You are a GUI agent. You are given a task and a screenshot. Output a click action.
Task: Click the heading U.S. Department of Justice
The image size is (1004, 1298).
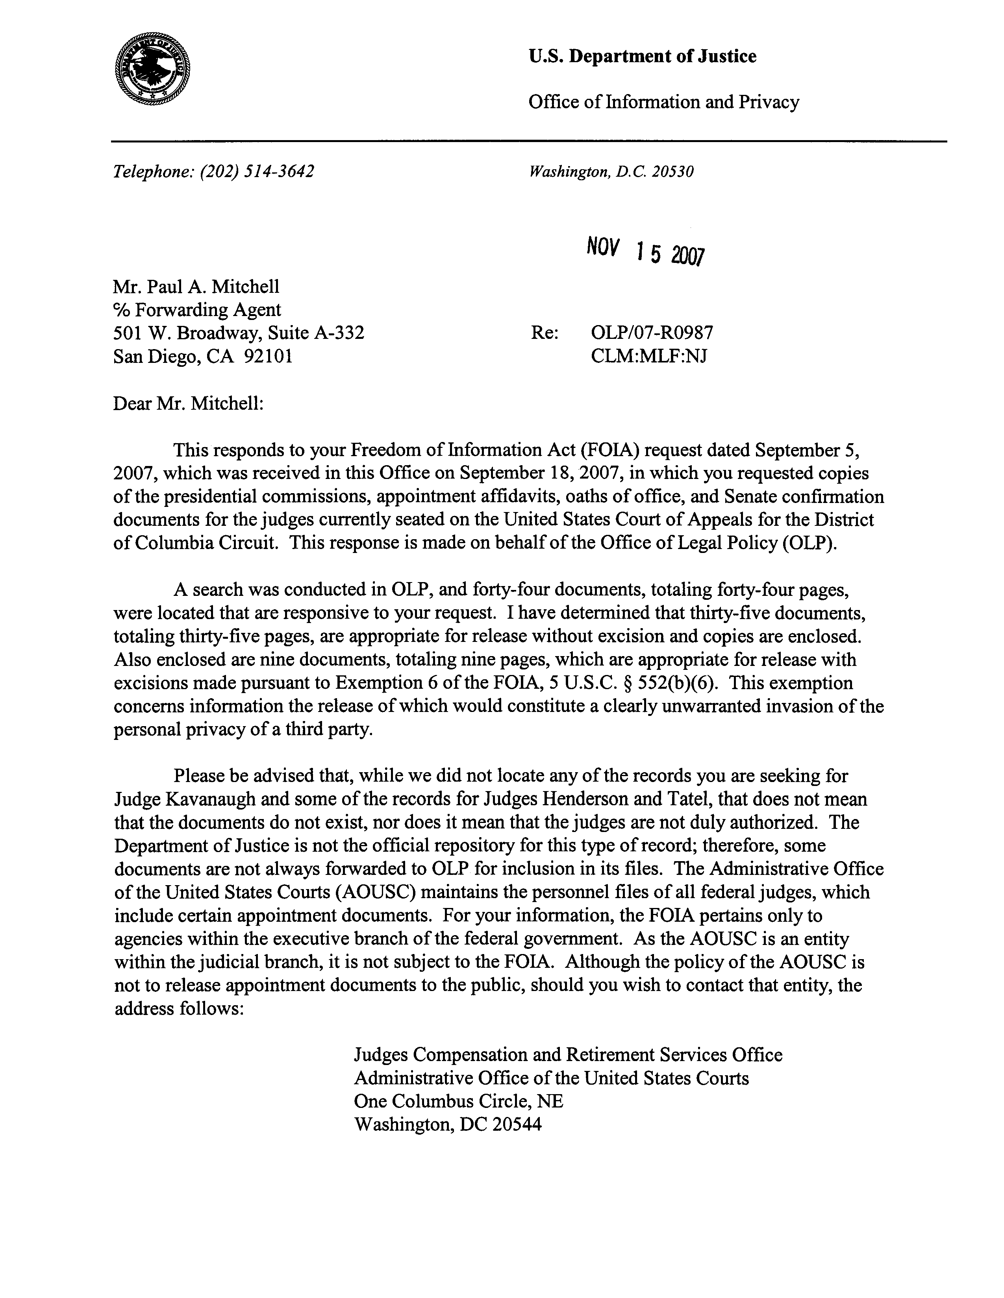642,56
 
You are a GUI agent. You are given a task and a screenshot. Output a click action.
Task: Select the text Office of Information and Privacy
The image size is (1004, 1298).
663,102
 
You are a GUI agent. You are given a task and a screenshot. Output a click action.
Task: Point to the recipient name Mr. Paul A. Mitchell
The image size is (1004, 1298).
196,287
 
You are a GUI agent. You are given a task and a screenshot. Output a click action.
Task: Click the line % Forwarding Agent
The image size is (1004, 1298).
197,310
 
